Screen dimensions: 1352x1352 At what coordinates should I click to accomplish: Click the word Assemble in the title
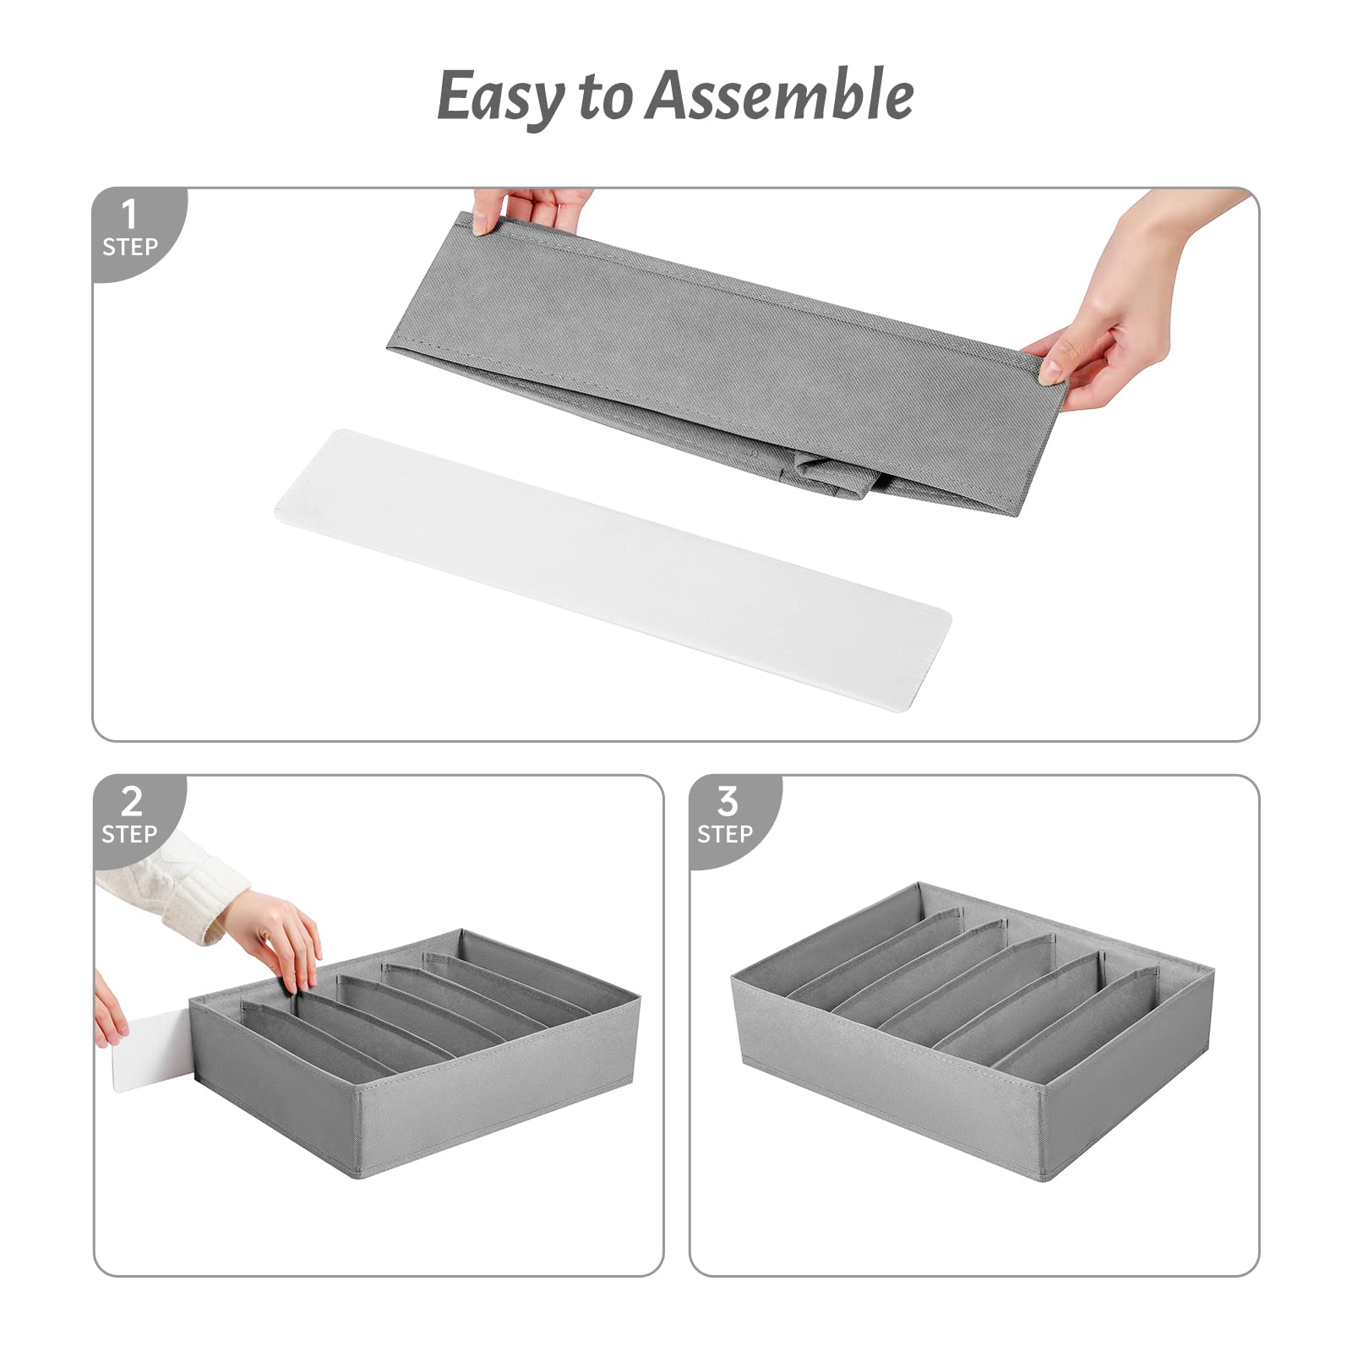tap(779, 95)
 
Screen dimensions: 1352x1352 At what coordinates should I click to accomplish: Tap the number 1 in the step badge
tap(128, 215)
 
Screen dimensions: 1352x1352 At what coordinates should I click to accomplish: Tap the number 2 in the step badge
tap(131, 801)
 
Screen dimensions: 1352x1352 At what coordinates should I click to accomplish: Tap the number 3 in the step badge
tap(727, 801)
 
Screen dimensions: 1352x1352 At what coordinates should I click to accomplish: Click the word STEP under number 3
tap(725, 834)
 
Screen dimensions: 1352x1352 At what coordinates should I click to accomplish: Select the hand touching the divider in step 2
tap(283, 938)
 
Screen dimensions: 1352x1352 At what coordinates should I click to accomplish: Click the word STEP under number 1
tap(130, 247)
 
